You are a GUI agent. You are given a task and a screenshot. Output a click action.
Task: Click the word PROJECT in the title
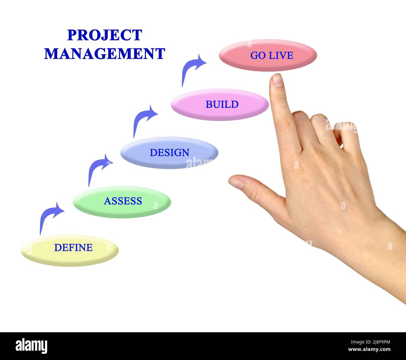point(105,35)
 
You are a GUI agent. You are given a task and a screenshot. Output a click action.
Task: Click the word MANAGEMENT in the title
point(105,53)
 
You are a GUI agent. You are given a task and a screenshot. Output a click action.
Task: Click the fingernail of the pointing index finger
point(277,80)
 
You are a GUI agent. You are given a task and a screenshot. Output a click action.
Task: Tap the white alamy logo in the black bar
point(31,346)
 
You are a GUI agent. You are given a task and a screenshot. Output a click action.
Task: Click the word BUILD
point(222,104)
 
